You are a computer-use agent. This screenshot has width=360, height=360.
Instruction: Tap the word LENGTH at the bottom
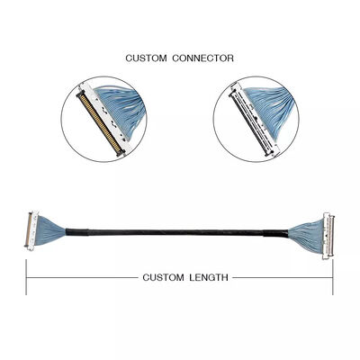[x=208, y=278]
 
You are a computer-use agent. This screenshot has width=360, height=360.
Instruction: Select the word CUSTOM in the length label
[x=162, y=278]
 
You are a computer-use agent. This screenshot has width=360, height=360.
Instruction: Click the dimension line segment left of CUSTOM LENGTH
[x=81, y=278]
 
